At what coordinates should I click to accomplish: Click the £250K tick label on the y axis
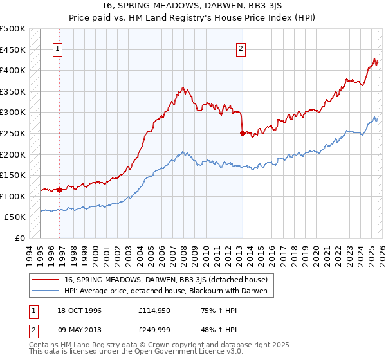pos(13,133)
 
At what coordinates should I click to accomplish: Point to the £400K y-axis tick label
pos(13,70)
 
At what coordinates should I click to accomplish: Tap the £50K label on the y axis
pos(15,217)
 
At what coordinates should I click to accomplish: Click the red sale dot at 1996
pos(59,190)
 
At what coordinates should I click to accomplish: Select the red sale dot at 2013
pos(243,133)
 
